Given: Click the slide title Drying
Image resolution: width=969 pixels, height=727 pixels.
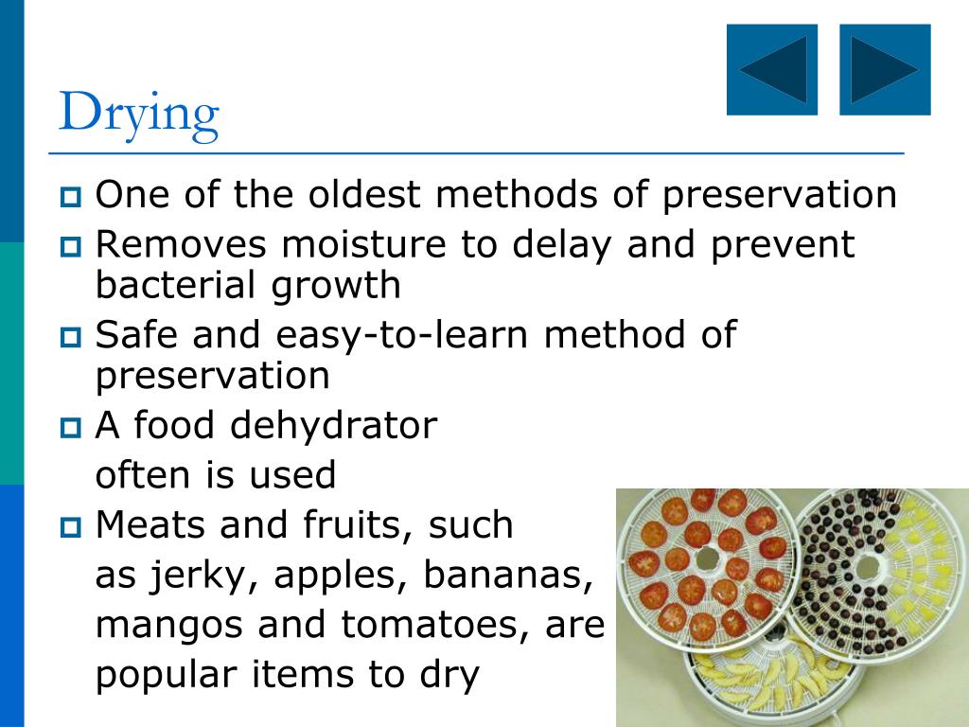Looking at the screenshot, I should (138, 115).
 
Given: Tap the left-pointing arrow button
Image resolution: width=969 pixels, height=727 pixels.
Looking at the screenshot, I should (772, 70).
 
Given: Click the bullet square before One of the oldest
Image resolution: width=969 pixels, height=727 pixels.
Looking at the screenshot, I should (72, 198).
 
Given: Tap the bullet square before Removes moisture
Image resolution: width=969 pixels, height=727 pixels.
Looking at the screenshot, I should (72, 247).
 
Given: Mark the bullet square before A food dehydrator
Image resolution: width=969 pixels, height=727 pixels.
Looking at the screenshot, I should (72, 429).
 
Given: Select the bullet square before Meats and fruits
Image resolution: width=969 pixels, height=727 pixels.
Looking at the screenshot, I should (72, 527).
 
